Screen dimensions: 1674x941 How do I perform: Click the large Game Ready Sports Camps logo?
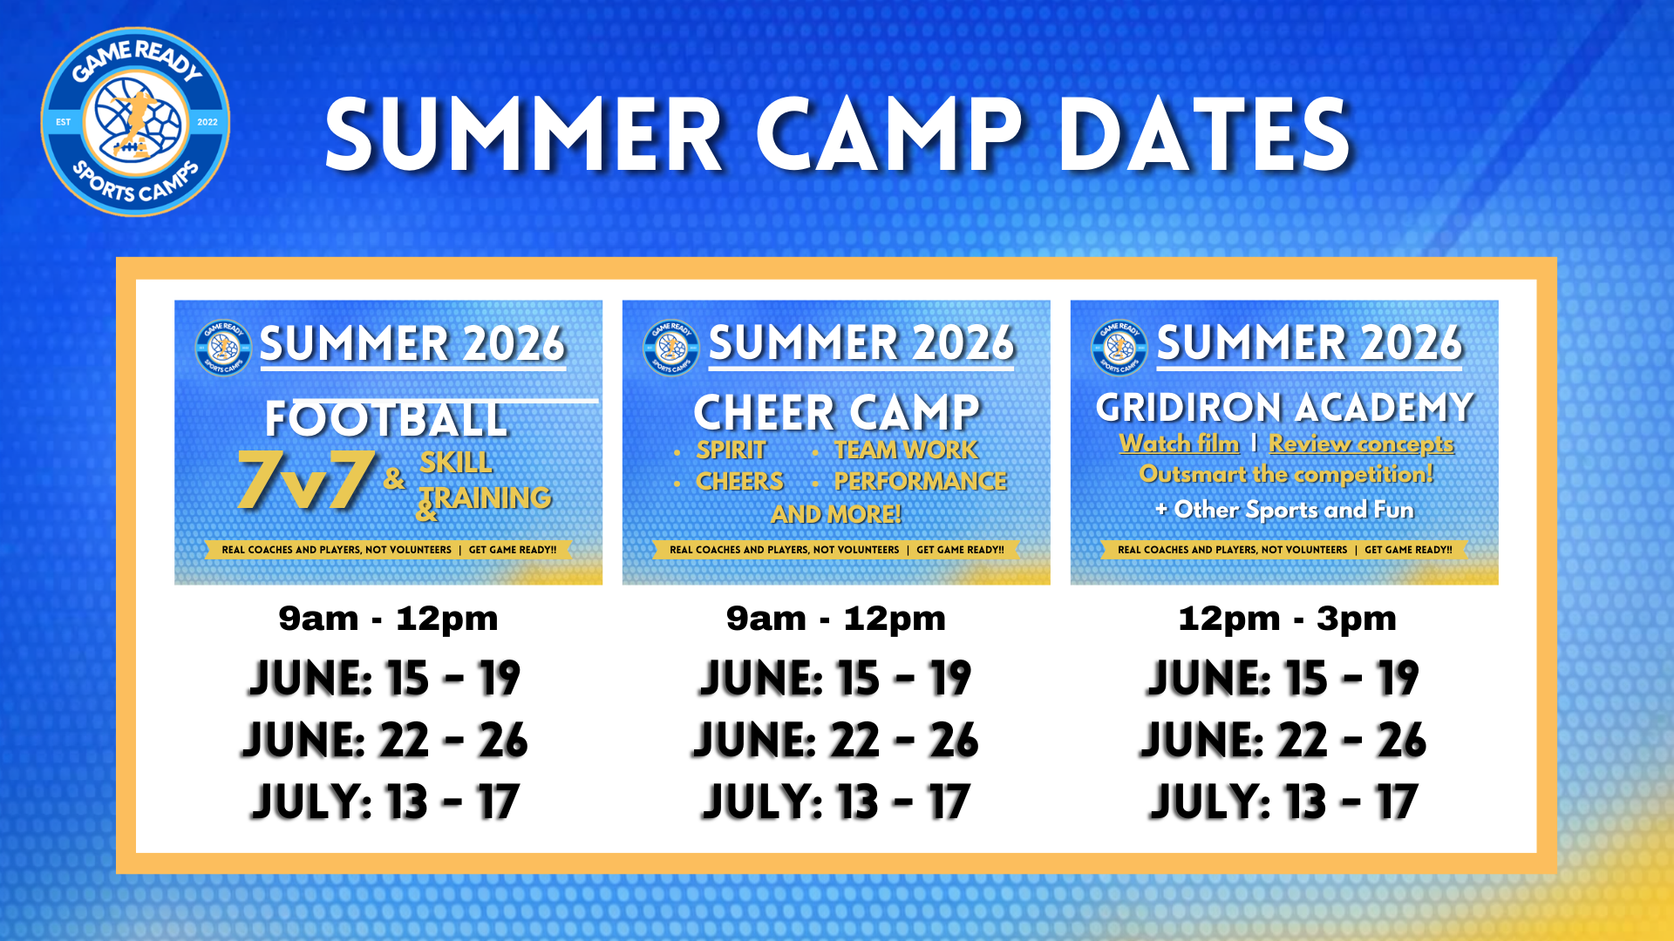click(135, 122)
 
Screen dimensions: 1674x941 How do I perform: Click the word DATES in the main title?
click(1204, 135)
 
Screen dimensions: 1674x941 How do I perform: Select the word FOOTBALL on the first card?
click(386, 419)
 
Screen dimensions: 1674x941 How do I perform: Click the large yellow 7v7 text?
click(306, 479)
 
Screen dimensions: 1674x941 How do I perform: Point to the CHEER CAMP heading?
click(837, 412)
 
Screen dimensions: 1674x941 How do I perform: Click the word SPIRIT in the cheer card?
click(731, 450)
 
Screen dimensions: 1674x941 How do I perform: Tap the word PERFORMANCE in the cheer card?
click(920, 481)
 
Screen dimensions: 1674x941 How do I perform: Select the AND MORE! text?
click(836, 514)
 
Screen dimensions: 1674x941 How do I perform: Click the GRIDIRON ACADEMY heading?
click(1284, 407)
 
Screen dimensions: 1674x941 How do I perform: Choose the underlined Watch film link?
click(1179, 443)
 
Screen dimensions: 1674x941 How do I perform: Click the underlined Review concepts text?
click(1361, 443)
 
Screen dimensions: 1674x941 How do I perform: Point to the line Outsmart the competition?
click(1286, 474)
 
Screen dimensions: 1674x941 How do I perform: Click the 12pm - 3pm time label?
click(1287, 619)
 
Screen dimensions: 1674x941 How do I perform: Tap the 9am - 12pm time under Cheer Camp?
click(836, 619)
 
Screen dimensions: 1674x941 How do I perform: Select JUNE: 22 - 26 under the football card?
click(385, 740)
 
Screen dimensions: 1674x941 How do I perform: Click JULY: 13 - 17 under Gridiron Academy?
click(1284, 802)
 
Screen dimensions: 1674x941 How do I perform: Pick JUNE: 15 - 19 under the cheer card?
click(835, 678)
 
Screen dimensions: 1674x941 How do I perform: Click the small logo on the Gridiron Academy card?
click(1119, 348)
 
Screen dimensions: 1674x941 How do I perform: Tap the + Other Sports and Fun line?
click(1284, 510)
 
